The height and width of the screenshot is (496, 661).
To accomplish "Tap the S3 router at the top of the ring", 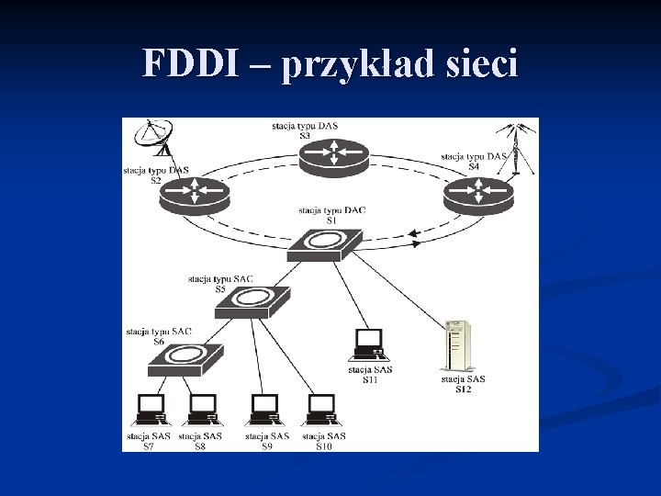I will pyautogui.click(x=333, y=155).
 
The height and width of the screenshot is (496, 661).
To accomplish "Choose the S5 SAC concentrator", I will pyautogui.click(x=252, y=301).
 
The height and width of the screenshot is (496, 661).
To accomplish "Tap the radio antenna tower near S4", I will pyautogui.click(x=516, y=147).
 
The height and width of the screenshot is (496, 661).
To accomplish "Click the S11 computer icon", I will pyautogui.click(x=368, y=344).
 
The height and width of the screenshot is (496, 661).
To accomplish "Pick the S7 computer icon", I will pyautogui.click(x=150, y=410).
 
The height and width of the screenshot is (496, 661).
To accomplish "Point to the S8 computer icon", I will pyautogui.click(x=201, y=410).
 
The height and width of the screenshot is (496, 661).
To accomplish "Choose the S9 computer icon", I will pyautogui.click(x=264, y=410).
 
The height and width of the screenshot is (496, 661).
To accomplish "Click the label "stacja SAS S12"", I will pyautogui.click(x=463, y=384).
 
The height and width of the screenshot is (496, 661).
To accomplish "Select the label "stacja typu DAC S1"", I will pyautogui.click(x=331, y=215).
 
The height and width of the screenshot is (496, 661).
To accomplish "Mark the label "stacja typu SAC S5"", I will pyautogui.click(x=220, y=283).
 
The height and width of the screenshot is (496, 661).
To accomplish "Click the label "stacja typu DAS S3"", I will pyautogui.click(x=304, y=130).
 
